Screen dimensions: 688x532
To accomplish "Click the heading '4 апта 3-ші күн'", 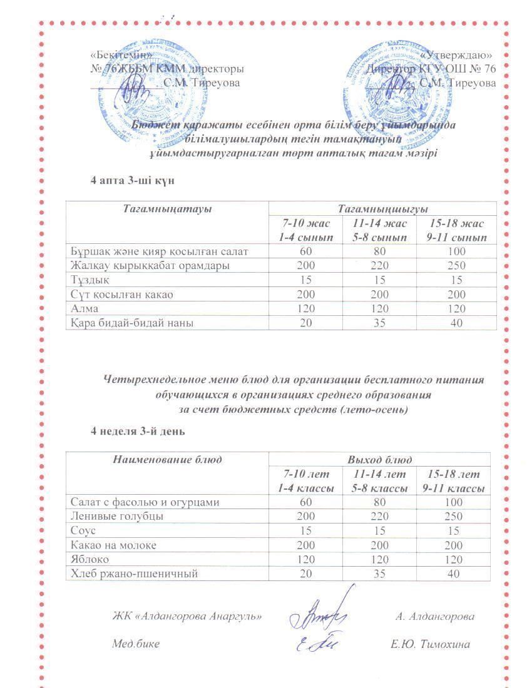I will point(132,180).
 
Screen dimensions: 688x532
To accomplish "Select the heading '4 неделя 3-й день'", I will point(138,432).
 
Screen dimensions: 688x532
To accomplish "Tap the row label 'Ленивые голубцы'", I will point(117,517).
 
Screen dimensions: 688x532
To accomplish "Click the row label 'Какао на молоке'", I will point(113,545).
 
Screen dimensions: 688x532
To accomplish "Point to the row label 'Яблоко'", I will point(90,560).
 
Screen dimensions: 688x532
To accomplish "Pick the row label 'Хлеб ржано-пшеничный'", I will point(134,574).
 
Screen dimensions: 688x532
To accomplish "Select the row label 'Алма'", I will point(84,309).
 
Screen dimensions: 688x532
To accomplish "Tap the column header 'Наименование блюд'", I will point(167,460).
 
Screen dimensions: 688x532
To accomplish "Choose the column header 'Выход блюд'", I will point(379,460).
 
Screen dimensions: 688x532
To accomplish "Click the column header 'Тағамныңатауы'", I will point(167,208).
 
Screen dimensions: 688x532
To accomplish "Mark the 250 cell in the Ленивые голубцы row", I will point(452,517).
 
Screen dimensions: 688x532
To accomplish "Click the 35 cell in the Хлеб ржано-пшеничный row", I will point(379,574).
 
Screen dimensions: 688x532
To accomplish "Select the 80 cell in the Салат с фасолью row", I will point(379,502).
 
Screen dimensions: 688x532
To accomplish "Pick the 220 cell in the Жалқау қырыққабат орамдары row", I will point(379,266).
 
